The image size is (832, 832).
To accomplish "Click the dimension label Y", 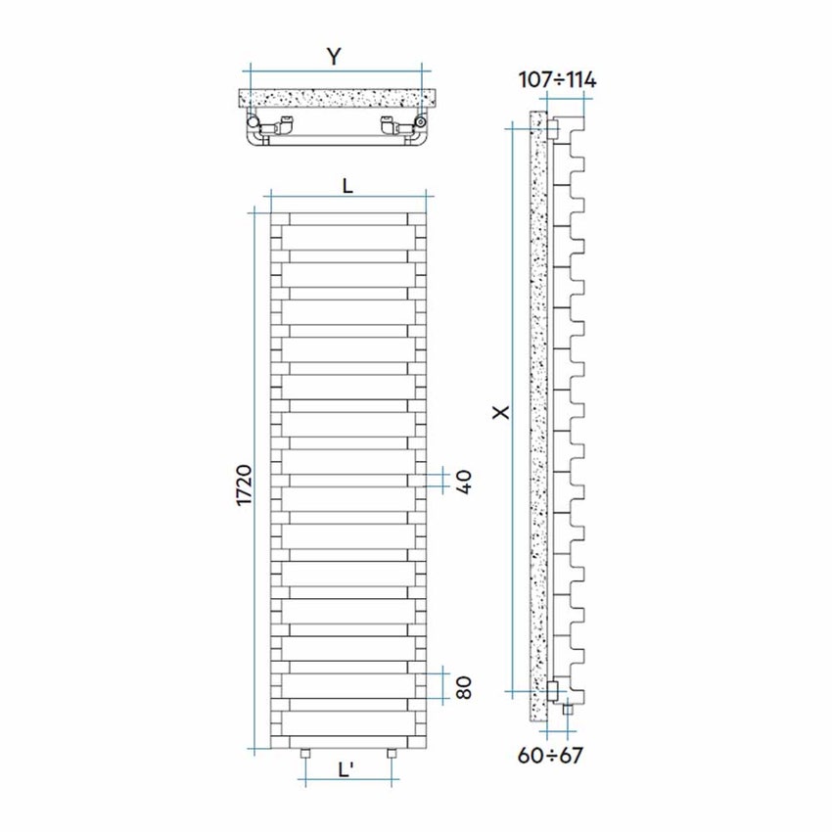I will (x=335, y=57).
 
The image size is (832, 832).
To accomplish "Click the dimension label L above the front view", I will (x=347, y=183).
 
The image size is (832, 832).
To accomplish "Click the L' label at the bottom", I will (x=347, y=770).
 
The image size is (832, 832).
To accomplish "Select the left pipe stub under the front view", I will (x=304, y=755).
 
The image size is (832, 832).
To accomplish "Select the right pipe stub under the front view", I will (x=392, y=755).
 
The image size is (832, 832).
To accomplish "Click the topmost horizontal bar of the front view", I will (x=347, y=219).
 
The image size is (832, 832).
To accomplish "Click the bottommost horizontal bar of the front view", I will (x=347, y=722).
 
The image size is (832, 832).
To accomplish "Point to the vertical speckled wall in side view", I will (x=536, y=411).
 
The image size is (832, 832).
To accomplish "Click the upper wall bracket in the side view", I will (x=555, y=129).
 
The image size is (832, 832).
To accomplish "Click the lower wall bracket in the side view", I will (x=555, y=690).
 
